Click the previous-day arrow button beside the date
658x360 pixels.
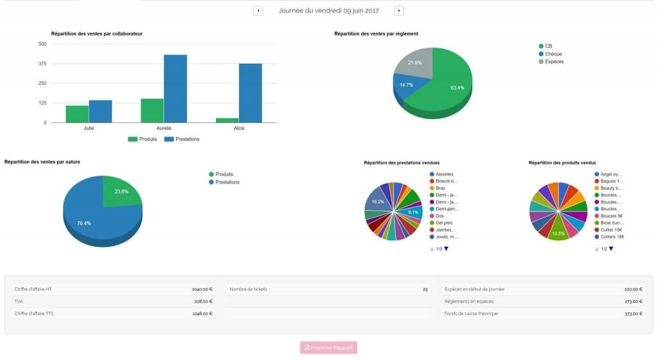258,11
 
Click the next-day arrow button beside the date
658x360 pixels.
399,11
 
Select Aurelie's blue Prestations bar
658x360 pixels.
175,89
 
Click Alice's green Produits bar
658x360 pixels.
227,120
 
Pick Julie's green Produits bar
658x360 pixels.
77,114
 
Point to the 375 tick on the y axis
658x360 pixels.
42,64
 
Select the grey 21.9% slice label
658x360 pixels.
414,63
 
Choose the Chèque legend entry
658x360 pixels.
553,54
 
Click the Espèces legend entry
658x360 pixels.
554,62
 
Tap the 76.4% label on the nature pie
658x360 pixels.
84,223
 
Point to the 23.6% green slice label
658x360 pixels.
121,192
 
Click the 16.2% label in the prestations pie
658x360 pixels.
378,202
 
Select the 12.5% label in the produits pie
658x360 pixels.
558,233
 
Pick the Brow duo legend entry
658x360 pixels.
610,222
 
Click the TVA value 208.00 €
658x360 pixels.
202,301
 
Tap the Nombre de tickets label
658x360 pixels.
248,289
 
